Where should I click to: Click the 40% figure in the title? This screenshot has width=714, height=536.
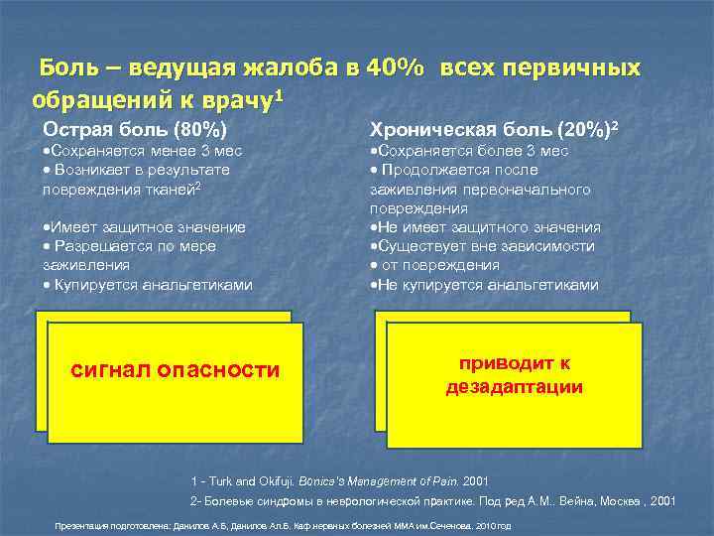[x=397, y=68]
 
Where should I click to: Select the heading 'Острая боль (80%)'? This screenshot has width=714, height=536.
[x=135, y=129]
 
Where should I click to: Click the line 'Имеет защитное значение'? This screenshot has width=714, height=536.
[x=145, y=227]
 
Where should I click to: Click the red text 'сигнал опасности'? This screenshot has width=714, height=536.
[x=176, y=370]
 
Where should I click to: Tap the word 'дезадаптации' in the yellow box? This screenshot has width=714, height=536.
[x=514, y=386]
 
